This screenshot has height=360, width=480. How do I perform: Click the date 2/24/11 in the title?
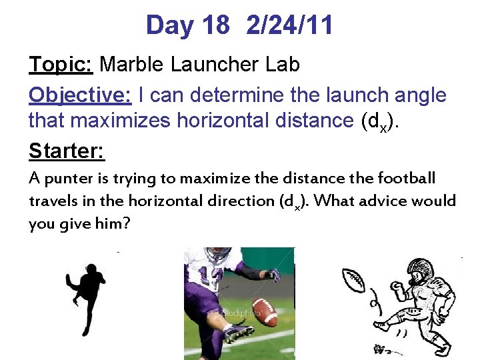[289, 26]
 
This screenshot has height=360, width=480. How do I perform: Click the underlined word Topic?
[61, 65]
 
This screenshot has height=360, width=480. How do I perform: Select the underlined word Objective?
[81, 95]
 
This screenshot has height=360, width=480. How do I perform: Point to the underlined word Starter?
[67, 151]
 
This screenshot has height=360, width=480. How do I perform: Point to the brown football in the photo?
[265, 311]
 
